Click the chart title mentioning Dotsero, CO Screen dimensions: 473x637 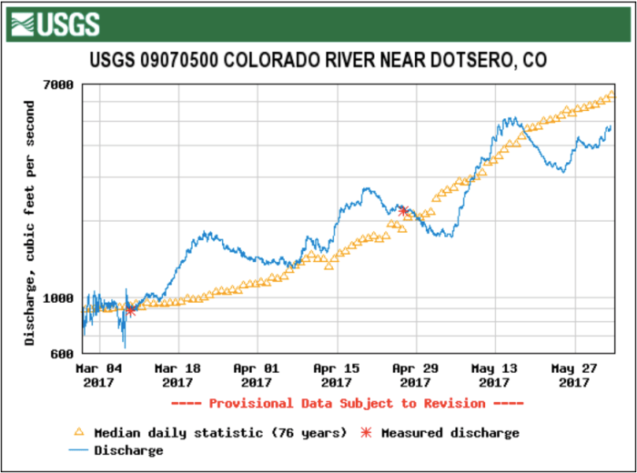(318, 61)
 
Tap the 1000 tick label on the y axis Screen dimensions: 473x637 (59, 298)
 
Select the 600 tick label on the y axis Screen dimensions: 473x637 (63, 354)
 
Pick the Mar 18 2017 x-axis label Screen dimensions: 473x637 (177, 376)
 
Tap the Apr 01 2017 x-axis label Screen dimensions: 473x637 (257, 376)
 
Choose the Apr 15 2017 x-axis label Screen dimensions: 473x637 (337, 376)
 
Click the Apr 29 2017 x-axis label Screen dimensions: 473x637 (415, 376)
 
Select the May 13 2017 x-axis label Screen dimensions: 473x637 (494, 376)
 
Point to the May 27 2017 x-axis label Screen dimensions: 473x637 (573, 376)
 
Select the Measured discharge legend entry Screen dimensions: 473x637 (441, 433)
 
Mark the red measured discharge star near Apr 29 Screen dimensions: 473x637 (404, 212)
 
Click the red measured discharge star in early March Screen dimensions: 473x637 (131, 310)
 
